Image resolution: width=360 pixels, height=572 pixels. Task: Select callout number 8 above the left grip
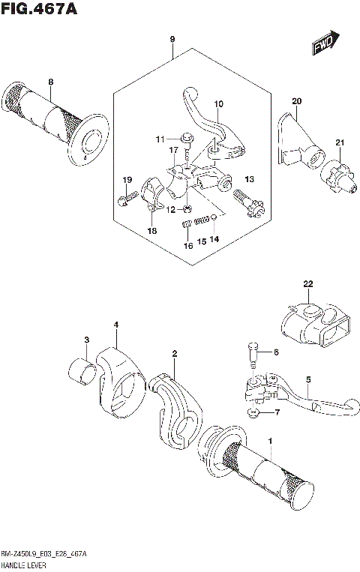[51, 82]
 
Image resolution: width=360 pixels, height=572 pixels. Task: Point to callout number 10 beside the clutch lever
[219, 103]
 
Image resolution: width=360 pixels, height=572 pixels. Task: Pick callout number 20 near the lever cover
[296, 100]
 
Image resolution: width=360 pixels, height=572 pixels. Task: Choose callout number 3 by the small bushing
[86, 340]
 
